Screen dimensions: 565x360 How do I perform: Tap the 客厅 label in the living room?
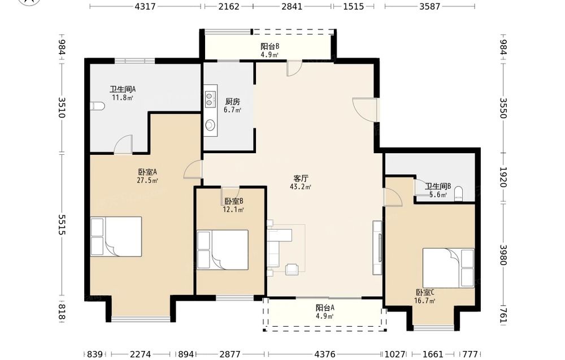point(301,179)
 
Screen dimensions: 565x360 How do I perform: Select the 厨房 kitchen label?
point(232,102)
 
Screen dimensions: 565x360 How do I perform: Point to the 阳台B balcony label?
point(270,46)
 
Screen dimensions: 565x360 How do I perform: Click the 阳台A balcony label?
point(325,308)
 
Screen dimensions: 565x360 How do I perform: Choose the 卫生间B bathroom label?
point(438,186)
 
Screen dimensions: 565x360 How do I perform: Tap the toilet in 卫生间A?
point(97,106)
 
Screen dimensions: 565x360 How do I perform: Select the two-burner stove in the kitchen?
point(210,99)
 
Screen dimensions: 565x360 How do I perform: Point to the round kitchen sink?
point(210,125)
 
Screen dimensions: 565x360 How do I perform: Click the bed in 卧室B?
point(223,250)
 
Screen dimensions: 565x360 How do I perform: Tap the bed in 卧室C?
point(448,268)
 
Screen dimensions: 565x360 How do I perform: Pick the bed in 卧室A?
point(116,236)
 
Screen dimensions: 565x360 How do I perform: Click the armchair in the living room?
point(292,269)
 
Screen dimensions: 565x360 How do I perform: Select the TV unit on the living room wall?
point(377,248)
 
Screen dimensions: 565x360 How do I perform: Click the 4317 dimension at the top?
point(145,6)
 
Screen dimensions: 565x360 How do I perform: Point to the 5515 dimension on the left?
point(62,225)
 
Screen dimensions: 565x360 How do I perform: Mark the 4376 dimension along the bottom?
point(325,354)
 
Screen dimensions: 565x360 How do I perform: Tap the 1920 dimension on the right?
point(503,177)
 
